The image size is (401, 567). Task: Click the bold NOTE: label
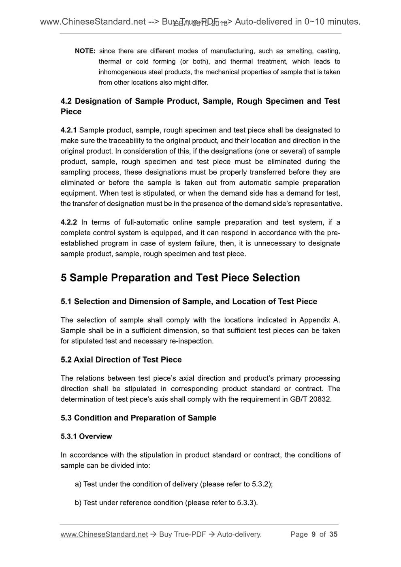[x=85, y=51]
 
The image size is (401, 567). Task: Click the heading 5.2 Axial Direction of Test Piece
[x=121, y=360]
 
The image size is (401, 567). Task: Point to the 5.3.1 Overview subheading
[x=86, y=436]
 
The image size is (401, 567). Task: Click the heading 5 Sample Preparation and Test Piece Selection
[x=180, y=278]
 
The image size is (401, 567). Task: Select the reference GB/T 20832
[x=312, y=399]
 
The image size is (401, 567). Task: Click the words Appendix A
[x=319, y=320]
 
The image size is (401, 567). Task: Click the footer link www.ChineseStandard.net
[x=104, y=535]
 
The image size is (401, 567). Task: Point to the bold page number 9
[x=314, y=535]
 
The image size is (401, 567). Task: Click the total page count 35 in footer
[x=333, y=535]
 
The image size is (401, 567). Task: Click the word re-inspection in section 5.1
[x=190, y=341]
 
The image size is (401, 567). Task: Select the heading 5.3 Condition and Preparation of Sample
[x=139, y=418]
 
